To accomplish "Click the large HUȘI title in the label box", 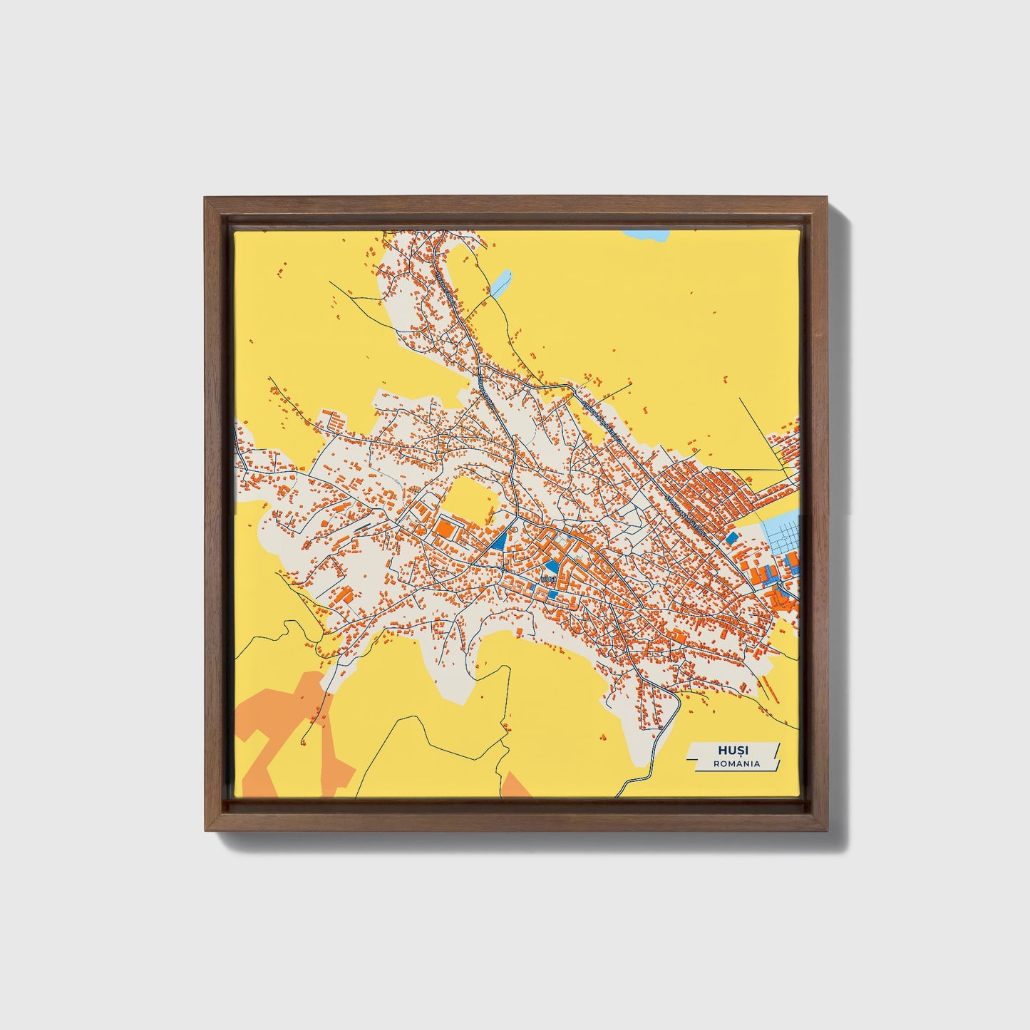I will click(x=733, y=751).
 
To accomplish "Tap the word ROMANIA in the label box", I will click(x=736, y=763).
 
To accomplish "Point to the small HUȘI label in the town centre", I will click(x=549, y=581).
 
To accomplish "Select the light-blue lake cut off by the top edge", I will click(x=645, y=235).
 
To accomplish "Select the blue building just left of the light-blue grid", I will click(x=731, y=535).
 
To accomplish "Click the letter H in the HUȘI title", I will click(x=723, y=751).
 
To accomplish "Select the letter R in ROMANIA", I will click(x=716, y=763).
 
